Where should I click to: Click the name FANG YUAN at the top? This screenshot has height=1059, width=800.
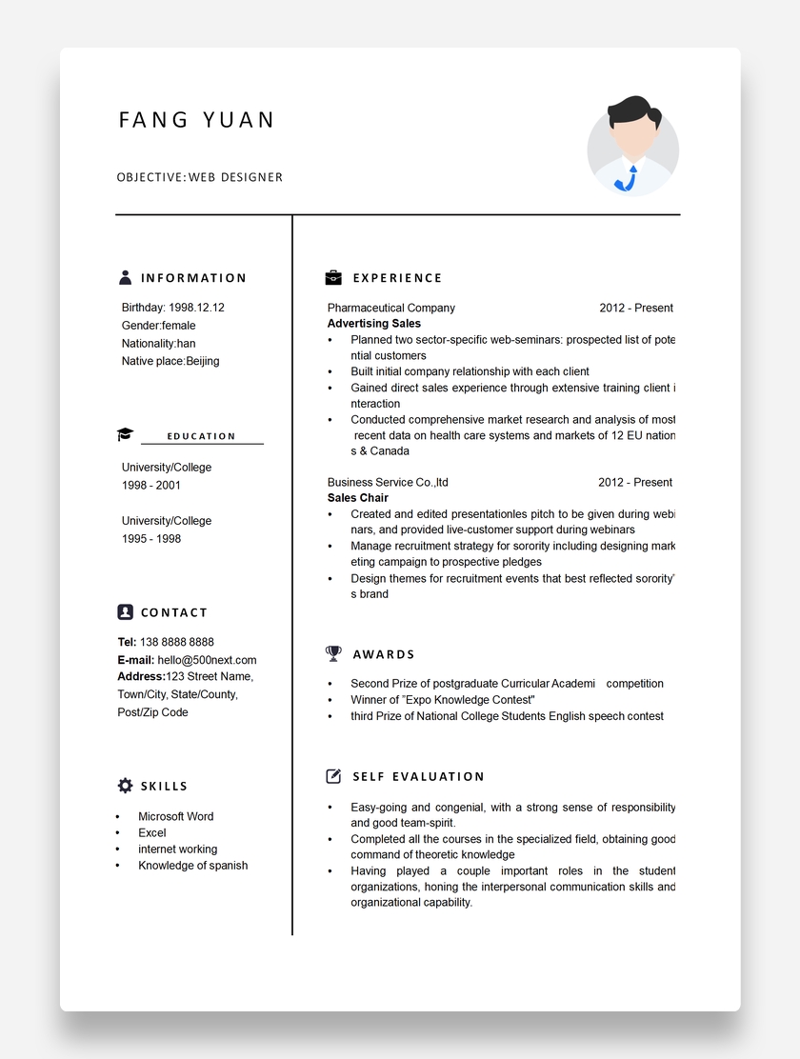[x=196, y=120]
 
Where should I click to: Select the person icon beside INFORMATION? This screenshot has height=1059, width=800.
[x=126, y=277]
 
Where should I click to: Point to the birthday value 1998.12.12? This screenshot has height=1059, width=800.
[x=196, y=308]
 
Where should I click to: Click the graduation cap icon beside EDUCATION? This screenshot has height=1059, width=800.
[x=126, y=435]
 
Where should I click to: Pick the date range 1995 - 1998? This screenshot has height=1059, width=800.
[x=151, y=539]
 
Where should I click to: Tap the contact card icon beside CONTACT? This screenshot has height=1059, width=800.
[x=126, y=611]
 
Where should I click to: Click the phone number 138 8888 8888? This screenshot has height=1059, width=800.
[x=177, y=642]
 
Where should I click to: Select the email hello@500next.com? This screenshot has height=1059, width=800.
[x=207, y=660]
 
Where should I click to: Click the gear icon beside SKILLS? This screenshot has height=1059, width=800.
[x=126, y=786]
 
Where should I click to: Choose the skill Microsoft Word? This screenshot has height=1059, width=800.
[x=176, y=816]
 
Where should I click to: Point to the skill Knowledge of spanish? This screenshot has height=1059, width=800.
[x=193, y=866]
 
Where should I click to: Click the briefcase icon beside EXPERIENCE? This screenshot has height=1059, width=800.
[x=333, y=277]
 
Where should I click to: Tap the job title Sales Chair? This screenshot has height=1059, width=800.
[x=358, y=498]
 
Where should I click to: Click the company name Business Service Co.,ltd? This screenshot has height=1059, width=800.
[x=388, y=482]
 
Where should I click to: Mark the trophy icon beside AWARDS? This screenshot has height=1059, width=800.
[x=333, y=653]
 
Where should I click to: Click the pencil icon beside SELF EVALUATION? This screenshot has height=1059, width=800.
[x=333, y=776]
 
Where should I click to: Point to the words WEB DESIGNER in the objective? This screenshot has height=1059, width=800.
[x=235, y=177]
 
